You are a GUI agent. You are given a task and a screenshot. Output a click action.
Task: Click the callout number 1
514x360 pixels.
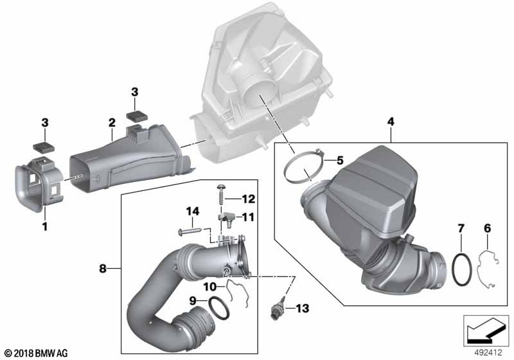pos(44,226)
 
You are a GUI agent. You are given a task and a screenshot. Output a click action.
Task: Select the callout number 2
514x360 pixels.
pos(111,122)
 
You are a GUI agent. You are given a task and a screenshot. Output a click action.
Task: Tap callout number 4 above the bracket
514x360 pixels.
pos(391,120)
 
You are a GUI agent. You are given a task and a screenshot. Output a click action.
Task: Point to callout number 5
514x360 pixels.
pos(340,159)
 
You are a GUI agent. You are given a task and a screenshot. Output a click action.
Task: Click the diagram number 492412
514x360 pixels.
pos(488,352)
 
